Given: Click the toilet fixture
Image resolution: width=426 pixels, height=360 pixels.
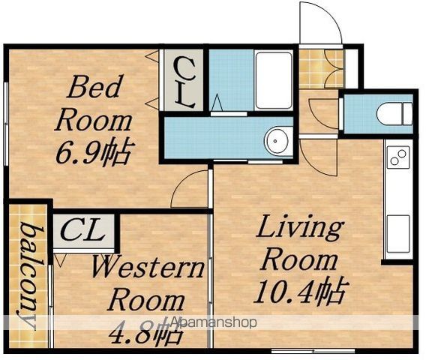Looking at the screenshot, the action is point(394,113).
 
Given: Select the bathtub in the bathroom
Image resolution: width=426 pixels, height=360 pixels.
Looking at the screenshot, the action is point(274,81).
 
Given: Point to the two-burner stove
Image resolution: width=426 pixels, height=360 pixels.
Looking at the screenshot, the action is point(398,157).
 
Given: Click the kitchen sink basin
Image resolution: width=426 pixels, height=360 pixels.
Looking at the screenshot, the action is point(398,234).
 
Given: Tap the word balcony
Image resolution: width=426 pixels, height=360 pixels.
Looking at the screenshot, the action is point(30,276).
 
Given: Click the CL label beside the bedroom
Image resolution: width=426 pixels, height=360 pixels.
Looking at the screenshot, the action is point(184,82).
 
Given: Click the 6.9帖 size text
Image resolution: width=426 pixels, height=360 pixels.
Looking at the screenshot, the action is point(95,153).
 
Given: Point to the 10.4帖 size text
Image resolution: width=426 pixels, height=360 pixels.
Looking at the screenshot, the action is point(301,290).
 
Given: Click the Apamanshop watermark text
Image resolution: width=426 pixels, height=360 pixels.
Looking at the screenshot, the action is point(214,322).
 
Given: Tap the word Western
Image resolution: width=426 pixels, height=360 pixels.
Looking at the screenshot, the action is point(148,268).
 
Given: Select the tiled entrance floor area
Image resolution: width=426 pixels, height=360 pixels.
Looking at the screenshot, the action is point(321,69).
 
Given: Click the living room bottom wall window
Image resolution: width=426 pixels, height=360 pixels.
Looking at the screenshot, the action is point(313,350).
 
